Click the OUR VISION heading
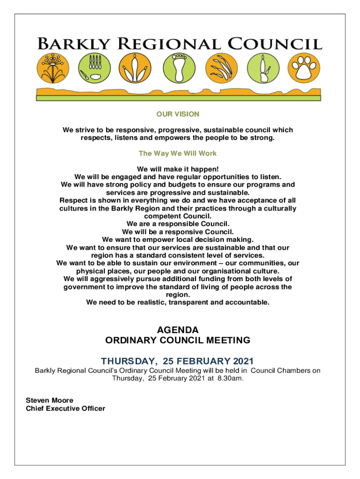point(178,114)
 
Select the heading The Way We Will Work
point(178,153)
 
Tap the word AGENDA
point(178,330)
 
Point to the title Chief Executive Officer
point(65,408)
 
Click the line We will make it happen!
point(178,168)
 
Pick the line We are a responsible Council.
point(178,224)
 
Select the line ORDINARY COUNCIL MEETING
point(178,340)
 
